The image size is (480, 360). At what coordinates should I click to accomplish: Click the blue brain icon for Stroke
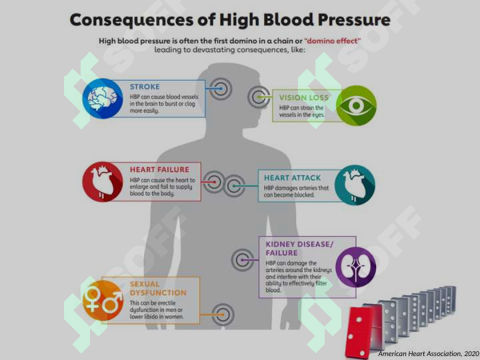[103, 98]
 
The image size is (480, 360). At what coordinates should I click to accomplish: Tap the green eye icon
[356, 105]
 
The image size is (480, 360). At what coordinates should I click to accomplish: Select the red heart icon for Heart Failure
[103, 182]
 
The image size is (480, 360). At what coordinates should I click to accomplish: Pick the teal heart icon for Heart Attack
[355, 185]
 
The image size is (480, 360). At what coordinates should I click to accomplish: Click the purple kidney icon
[356, 267]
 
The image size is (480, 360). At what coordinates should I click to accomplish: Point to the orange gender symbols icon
[103, 300]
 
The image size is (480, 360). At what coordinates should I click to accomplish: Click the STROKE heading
[145, 87]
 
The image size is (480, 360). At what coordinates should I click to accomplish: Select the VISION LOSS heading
[304, 97]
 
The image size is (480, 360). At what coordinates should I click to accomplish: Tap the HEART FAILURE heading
[159, 169]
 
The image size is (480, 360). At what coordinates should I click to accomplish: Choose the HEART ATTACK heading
[293, 178]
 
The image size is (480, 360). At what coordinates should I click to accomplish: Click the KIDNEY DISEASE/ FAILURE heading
[299, 249]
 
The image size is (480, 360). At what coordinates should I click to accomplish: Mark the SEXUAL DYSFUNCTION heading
[158, 289]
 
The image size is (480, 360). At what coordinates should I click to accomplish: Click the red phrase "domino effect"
[333, 41]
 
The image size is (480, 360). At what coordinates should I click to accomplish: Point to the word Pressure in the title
[354, 20]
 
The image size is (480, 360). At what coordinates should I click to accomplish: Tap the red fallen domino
[360, 332]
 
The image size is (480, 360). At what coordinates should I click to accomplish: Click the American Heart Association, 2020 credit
[429, 353]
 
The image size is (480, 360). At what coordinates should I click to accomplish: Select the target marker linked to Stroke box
[221, 89]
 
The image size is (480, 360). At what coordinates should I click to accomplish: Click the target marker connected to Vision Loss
[259, 97]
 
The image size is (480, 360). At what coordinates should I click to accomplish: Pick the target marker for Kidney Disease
[242, 260]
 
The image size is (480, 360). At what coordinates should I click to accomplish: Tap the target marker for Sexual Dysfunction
[223, 315]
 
